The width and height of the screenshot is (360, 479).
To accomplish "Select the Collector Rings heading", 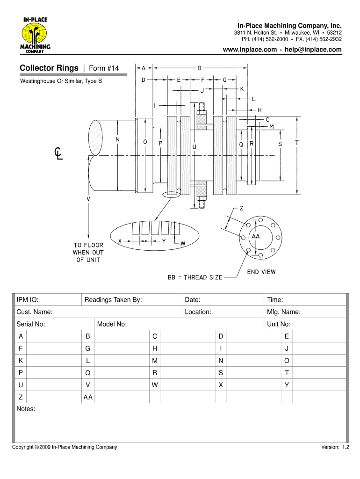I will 49,68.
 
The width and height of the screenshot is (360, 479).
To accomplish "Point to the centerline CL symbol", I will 58,153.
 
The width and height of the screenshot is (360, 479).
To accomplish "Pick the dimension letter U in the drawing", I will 194,146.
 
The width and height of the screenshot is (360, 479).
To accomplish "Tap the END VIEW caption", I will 261,272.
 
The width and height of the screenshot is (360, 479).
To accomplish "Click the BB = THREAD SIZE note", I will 195,277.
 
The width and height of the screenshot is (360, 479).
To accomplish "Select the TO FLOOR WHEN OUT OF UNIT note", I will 88,253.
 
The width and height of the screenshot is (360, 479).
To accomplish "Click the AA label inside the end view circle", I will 256,237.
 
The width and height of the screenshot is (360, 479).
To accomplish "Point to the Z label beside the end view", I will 242,209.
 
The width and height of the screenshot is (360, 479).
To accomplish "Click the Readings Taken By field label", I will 113,300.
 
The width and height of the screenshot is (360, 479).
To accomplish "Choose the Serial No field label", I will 31,324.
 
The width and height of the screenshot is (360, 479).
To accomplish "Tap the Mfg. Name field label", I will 284,312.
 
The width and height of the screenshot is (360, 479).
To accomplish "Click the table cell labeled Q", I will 87,373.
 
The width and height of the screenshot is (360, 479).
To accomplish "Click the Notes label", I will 26,409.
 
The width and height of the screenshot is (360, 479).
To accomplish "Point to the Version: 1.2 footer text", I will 335,448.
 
